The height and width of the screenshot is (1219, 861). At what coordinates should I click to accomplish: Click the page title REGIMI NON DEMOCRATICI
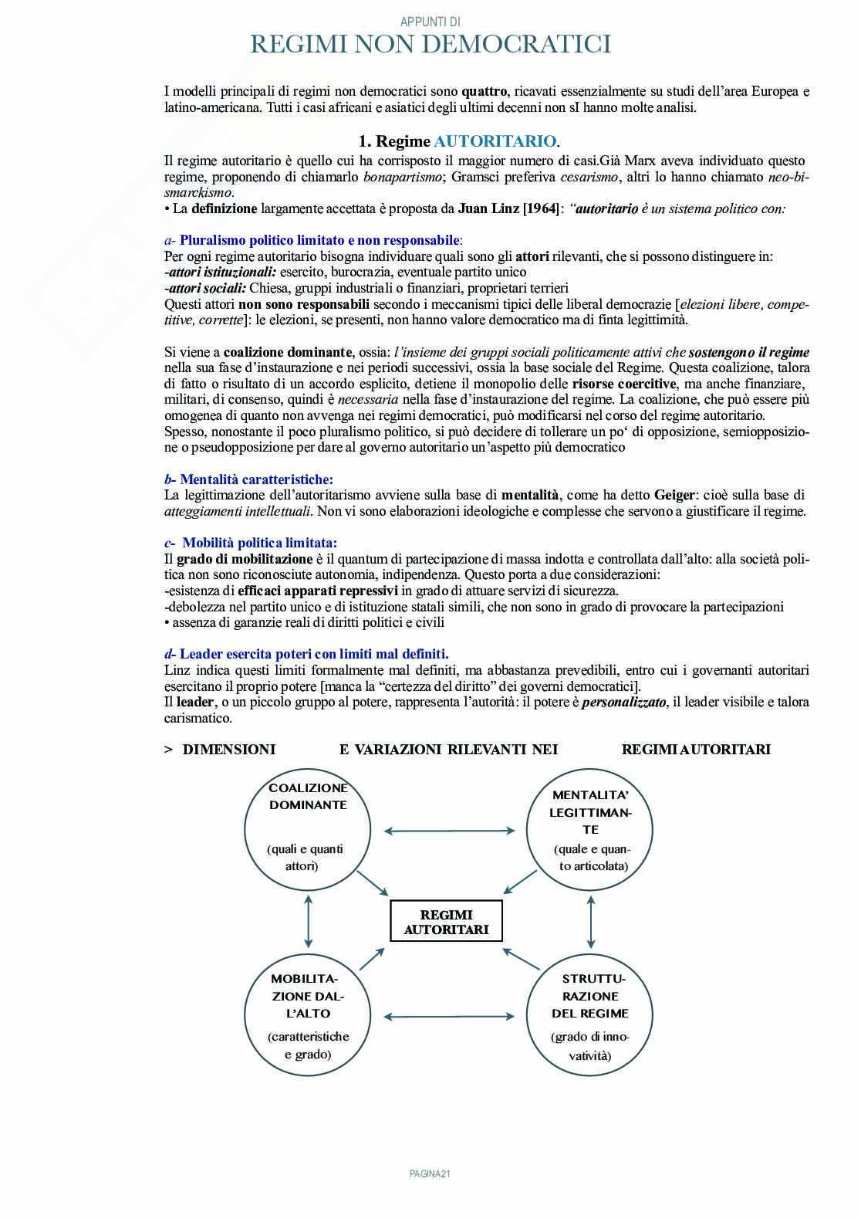pyautogui.click(x=430, y=45)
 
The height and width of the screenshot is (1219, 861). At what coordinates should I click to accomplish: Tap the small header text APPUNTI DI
pyautogui.click(x=430, y=22)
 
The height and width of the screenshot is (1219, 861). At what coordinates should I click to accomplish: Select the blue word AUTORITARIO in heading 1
pyautogui.click(x=495, y=141)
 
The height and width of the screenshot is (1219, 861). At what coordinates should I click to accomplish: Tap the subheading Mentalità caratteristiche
pyautogui.click(x=256, y=479)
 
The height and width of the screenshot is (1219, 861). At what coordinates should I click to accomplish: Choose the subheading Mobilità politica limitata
pyautogui.click(x=259, y=543)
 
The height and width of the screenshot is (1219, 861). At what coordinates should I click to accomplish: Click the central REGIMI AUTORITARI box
pyautogui.click(x=446, y=921)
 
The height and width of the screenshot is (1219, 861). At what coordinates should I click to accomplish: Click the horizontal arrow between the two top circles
pyautogui.click(x=450, y=831)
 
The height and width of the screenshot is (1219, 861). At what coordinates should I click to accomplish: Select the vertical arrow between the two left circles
pyautogui.click(x=309, y=920)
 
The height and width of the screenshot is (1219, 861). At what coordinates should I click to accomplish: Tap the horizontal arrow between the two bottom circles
pyautogui.click(x=450, y=1018)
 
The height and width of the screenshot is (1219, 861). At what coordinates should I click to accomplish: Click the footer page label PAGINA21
pyautogui.click(x=430, y=1173)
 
